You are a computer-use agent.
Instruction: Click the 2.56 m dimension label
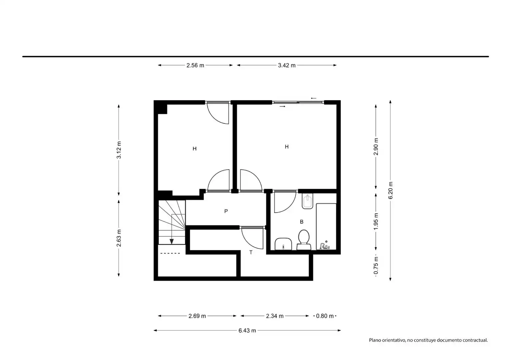pyautogui.click(x=195, y=65)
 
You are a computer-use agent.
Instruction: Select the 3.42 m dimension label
pyautogui.click(x=286, y=65)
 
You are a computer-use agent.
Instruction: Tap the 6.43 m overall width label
pyautogui.click(x=247, y=330)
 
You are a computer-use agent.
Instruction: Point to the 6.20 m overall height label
pyautogui.click(x=390, y=190)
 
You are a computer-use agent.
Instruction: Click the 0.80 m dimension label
pyautogui.click(x=325, y=316)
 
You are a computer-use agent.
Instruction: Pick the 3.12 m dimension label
pyautogui.click(x=119, y=150)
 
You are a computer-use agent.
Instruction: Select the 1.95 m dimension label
pyautogui.click(x=376, y=221)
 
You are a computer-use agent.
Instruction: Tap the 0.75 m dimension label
pyautogui.click(x=376, y=265)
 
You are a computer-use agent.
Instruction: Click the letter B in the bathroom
pyautogui.click(x=301, y=222)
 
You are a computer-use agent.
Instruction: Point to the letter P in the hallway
pyautogui.click(x=226, y=211)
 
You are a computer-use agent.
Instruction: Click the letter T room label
pyautogui.click(x=251, y=252)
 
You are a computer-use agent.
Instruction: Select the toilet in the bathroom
pyautogui.click(x=304, y=240)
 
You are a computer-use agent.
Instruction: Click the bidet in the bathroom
pyautogui.click(x=307, y=201)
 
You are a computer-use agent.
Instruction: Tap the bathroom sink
pyautogui.click(x=283, y=244)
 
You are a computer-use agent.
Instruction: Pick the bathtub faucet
pyautogui.click(x=325, y=246)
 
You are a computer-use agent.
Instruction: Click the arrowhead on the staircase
pyautogui.click(x=172, y=242)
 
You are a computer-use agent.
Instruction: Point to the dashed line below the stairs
pyautogui.click(x=170, y=253)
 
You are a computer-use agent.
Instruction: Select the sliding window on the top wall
pyautogui.click(x=298, y=103)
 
